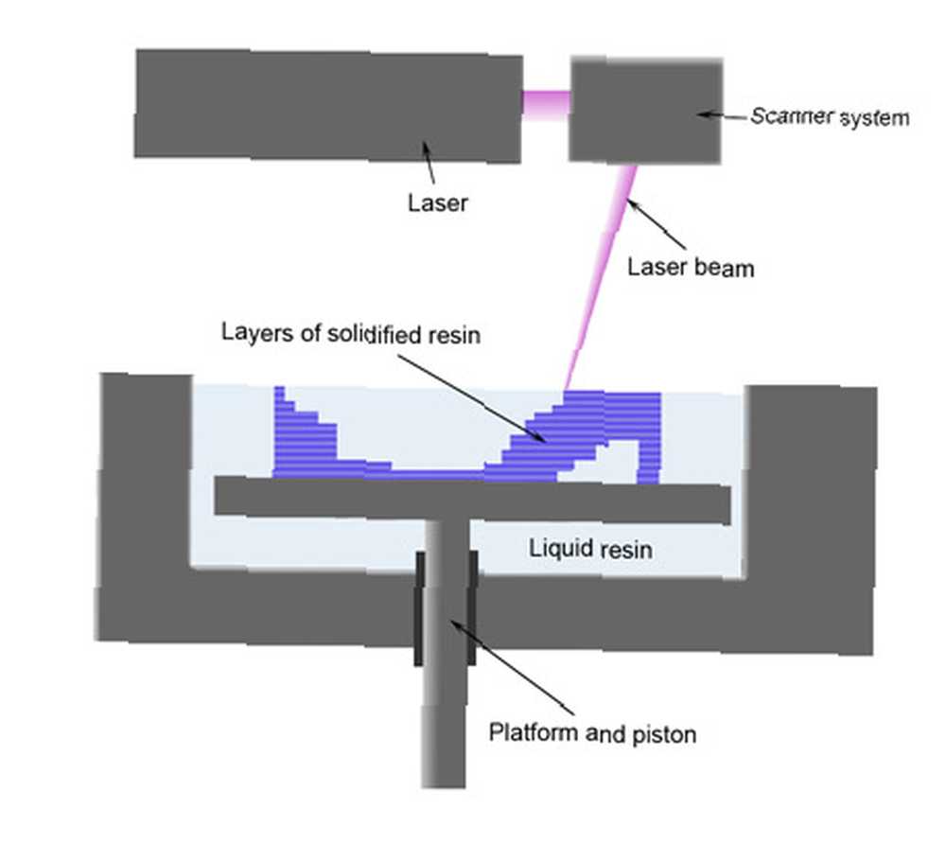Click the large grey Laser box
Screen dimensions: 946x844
pos(328,106)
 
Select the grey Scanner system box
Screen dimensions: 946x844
pos(645,111)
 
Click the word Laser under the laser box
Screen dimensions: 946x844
pos(437,202)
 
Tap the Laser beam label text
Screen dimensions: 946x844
pos(691,267)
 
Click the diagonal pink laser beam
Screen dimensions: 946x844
pos(600,277)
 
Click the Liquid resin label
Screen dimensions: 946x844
pos(590,549)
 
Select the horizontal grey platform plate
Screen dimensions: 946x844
pos(472,499)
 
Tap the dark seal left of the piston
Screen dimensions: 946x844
pos(419,608)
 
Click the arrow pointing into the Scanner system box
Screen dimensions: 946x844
pos(722,114)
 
